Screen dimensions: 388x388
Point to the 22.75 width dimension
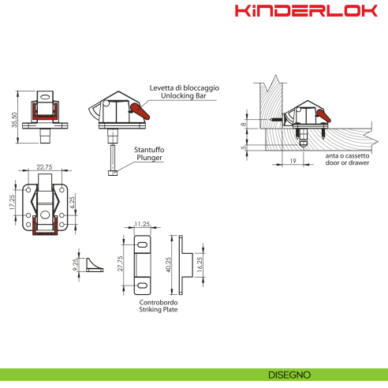click(x=44, y=166)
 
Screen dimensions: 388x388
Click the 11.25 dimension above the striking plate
click(x=143, y=223)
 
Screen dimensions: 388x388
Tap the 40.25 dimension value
click(x=167, y=263)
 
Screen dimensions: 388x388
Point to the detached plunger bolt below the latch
click(x=114, y=161)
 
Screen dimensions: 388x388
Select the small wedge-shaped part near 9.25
click(x=95, y=262)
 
